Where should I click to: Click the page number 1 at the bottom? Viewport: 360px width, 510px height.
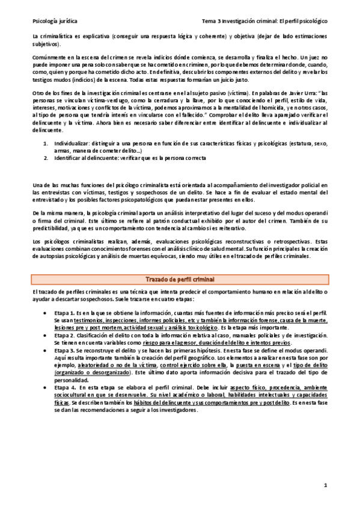[x=325, y=485]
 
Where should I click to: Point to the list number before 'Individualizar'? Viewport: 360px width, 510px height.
[x=47, y=144]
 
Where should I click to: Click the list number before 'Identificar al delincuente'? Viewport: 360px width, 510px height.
[x=47, y=158]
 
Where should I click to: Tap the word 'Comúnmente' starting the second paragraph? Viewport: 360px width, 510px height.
[x=49, y=53]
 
